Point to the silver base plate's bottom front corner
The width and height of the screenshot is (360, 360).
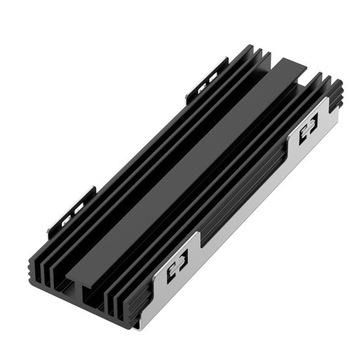coord(146,326)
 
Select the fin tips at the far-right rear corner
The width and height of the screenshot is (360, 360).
coord(318,80)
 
